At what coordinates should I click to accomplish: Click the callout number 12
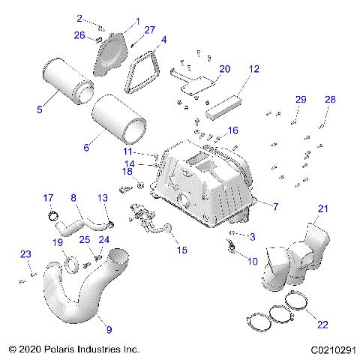(x=254, y=69)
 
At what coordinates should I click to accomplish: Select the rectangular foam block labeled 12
(x=223, y=102)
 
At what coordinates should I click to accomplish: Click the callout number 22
(x=322, y=325)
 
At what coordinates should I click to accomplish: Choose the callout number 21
(x=323, y=208)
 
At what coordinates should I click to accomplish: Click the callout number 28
(x=330, y=100)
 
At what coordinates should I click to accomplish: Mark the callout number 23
(x=25, y=254)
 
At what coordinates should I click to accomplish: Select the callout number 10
(x=250, y=262)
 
